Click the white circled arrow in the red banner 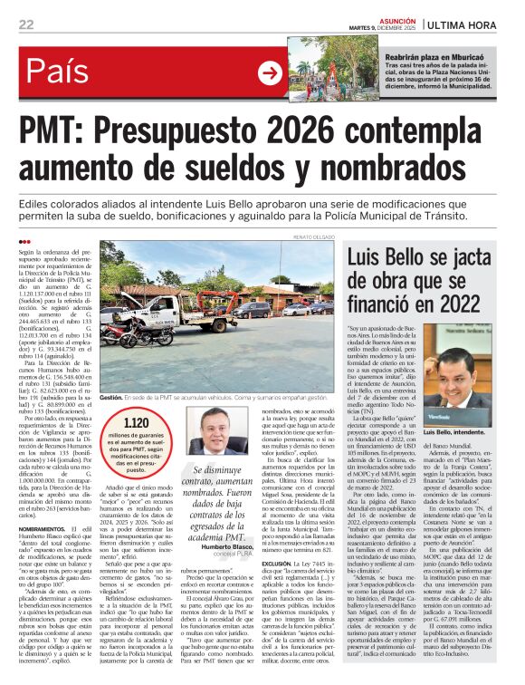tap(270, 72)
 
